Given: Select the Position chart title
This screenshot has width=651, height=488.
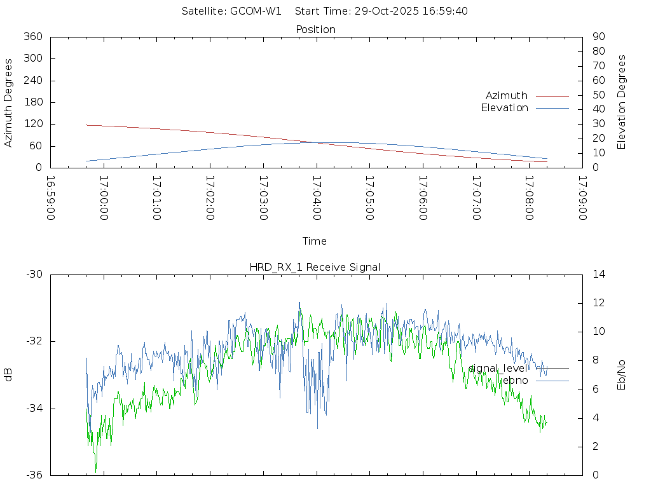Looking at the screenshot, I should pos(315,29).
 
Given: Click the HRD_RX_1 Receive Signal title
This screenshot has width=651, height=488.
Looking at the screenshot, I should pos(315,267).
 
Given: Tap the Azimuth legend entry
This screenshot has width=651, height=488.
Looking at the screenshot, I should pos(507,95).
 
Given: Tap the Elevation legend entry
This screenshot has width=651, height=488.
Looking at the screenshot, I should pos(504,108).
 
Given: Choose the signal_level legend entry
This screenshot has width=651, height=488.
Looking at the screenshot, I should pos(498,368).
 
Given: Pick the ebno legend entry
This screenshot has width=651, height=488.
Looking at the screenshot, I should pos(515,380).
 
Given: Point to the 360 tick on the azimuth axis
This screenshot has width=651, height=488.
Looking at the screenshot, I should pos(32,37).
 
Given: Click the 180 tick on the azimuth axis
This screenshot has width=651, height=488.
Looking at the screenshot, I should pos(32,102).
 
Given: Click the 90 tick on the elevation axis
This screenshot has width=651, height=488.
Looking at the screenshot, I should pos(598,37).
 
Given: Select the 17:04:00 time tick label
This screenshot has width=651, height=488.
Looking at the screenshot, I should pos(316,198).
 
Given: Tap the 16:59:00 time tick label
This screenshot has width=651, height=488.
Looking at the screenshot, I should pos(51,198).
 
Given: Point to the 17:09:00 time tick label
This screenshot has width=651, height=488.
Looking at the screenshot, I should pos(582,198).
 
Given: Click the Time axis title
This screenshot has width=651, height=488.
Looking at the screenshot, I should pos(315,241).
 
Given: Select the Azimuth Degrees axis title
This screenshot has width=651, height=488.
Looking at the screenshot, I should pos(9,102).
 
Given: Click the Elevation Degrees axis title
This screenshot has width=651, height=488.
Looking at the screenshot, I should pos(622,102).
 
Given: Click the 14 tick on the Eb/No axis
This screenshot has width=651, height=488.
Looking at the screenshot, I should pos(598,274).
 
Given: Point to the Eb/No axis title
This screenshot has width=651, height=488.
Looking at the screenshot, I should pos(622,375).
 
